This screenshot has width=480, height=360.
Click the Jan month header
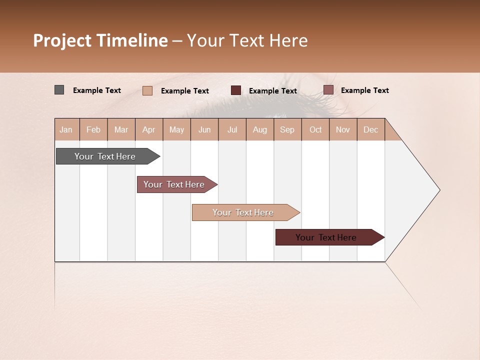[66, 129]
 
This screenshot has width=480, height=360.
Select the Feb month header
[93, 129]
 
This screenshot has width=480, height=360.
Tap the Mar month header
[121, 129]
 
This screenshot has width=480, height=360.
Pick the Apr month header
[149, 129]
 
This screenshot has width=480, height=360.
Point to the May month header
[176, 129]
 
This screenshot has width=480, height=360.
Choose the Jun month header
[204, 129]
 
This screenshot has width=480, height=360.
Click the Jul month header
[232, 129]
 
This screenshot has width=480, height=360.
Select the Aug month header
[260, 129]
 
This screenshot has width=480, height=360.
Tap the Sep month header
[287, 129]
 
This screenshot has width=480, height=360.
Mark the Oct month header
[315, 129]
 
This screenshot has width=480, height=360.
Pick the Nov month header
[343, 129]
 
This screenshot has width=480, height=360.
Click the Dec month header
[371, 129]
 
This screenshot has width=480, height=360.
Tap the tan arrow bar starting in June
[243, 212]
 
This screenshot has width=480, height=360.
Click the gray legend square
[59, 90]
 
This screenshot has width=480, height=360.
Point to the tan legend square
[147, 90]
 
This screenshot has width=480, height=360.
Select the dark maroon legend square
[236, 90]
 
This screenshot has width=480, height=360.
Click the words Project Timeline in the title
[100, 40]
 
